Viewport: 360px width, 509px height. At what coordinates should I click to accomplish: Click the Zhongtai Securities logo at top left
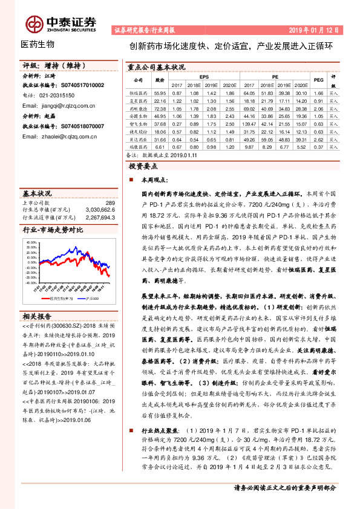pyautogui.click(x=57, y=22)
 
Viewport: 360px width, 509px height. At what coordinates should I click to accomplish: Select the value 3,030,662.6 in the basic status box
pyautogui.click(x=102, y=210)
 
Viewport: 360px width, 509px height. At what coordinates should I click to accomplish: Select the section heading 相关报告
pyautogui.click(x=38, y=316)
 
